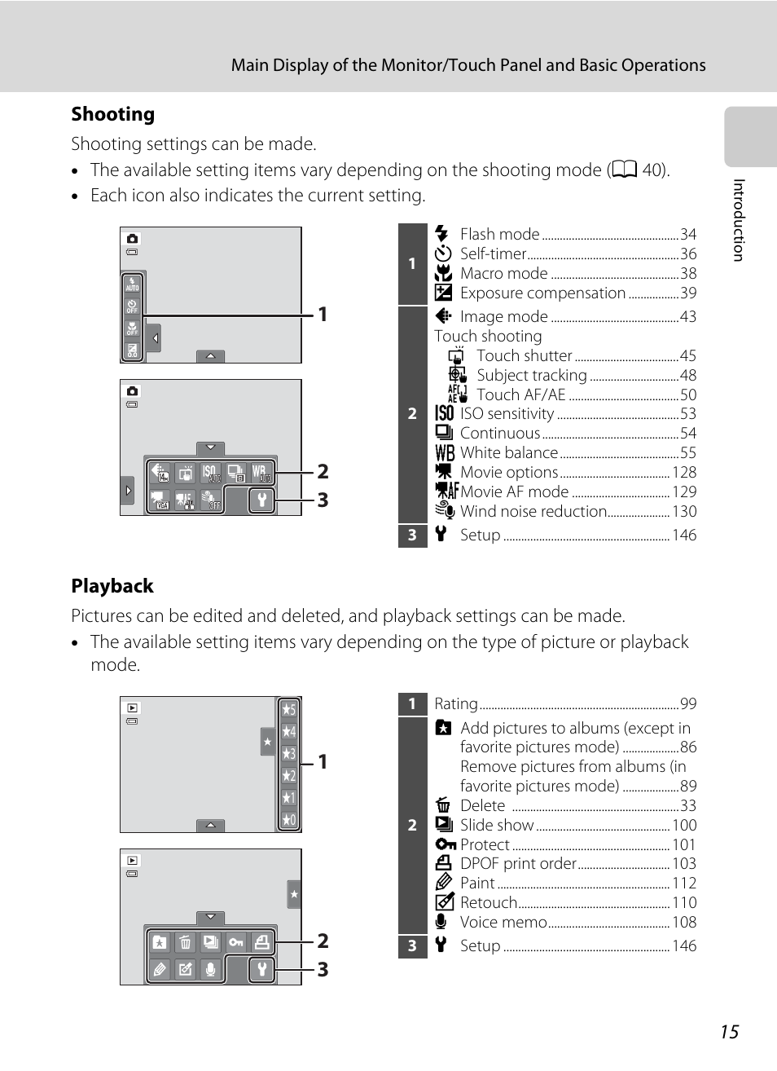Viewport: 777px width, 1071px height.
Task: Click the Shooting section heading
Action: point(112,114)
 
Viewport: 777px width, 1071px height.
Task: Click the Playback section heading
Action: point(112,586)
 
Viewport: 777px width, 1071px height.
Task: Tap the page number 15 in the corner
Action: point(730,1032)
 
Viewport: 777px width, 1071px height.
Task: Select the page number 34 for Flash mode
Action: point(688,234)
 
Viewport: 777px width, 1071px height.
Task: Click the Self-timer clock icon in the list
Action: point(443,253)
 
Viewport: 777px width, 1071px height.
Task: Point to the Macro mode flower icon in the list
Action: point(443,273)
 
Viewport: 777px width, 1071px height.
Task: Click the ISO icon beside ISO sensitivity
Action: point(445,413)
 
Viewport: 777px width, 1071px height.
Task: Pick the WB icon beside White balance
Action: point(445,452)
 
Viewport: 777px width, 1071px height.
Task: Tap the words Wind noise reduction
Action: point(533,511)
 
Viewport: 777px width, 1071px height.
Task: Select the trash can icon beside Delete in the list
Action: point(443,805)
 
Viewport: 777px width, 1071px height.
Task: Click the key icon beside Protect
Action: point(446,844)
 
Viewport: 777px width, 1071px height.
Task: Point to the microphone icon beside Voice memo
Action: point(441,921)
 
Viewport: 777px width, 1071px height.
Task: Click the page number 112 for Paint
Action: point(684,883)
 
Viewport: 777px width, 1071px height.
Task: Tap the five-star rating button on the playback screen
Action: point(288,709)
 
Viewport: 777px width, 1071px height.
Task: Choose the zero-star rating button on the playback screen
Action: point(288,820)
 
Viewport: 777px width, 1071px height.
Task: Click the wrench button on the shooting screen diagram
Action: point(262,500)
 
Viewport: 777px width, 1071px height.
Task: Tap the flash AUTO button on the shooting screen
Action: point(132,284)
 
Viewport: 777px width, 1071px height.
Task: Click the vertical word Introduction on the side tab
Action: point(739,220)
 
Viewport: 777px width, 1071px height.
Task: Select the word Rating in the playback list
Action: point(456,703)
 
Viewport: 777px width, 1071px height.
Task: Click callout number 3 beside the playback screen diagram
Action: point(323,969)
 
